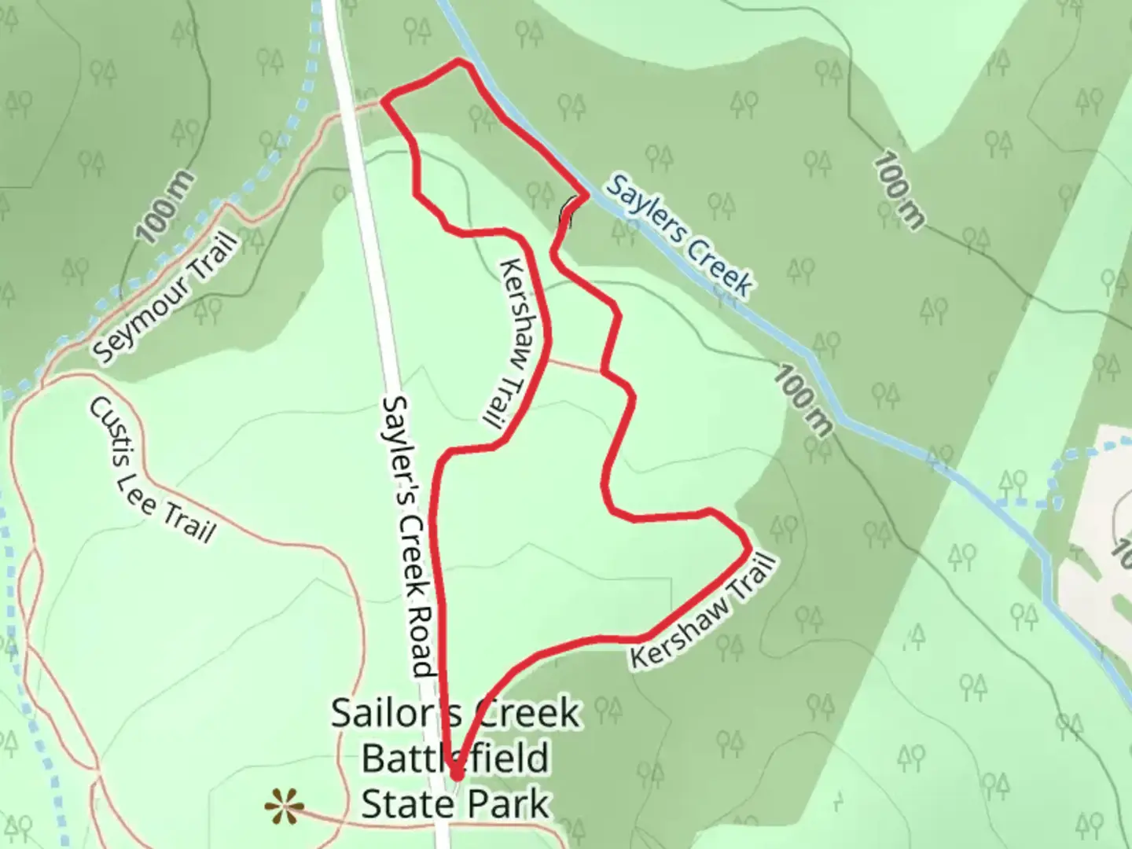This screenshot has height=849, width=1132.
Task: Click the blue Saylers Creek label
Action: tap(678, 234)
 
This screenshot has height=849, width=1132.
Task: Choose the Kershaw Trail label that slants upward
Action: tap(702, 612)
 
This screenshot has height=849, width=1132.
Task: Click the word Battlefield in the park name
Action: tap(455, 759)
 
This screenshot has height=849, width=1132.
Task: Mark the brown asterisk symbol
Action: tap(284, 807)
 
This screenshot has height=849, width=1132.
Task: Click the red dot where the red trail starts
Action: tap(456, 775)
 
